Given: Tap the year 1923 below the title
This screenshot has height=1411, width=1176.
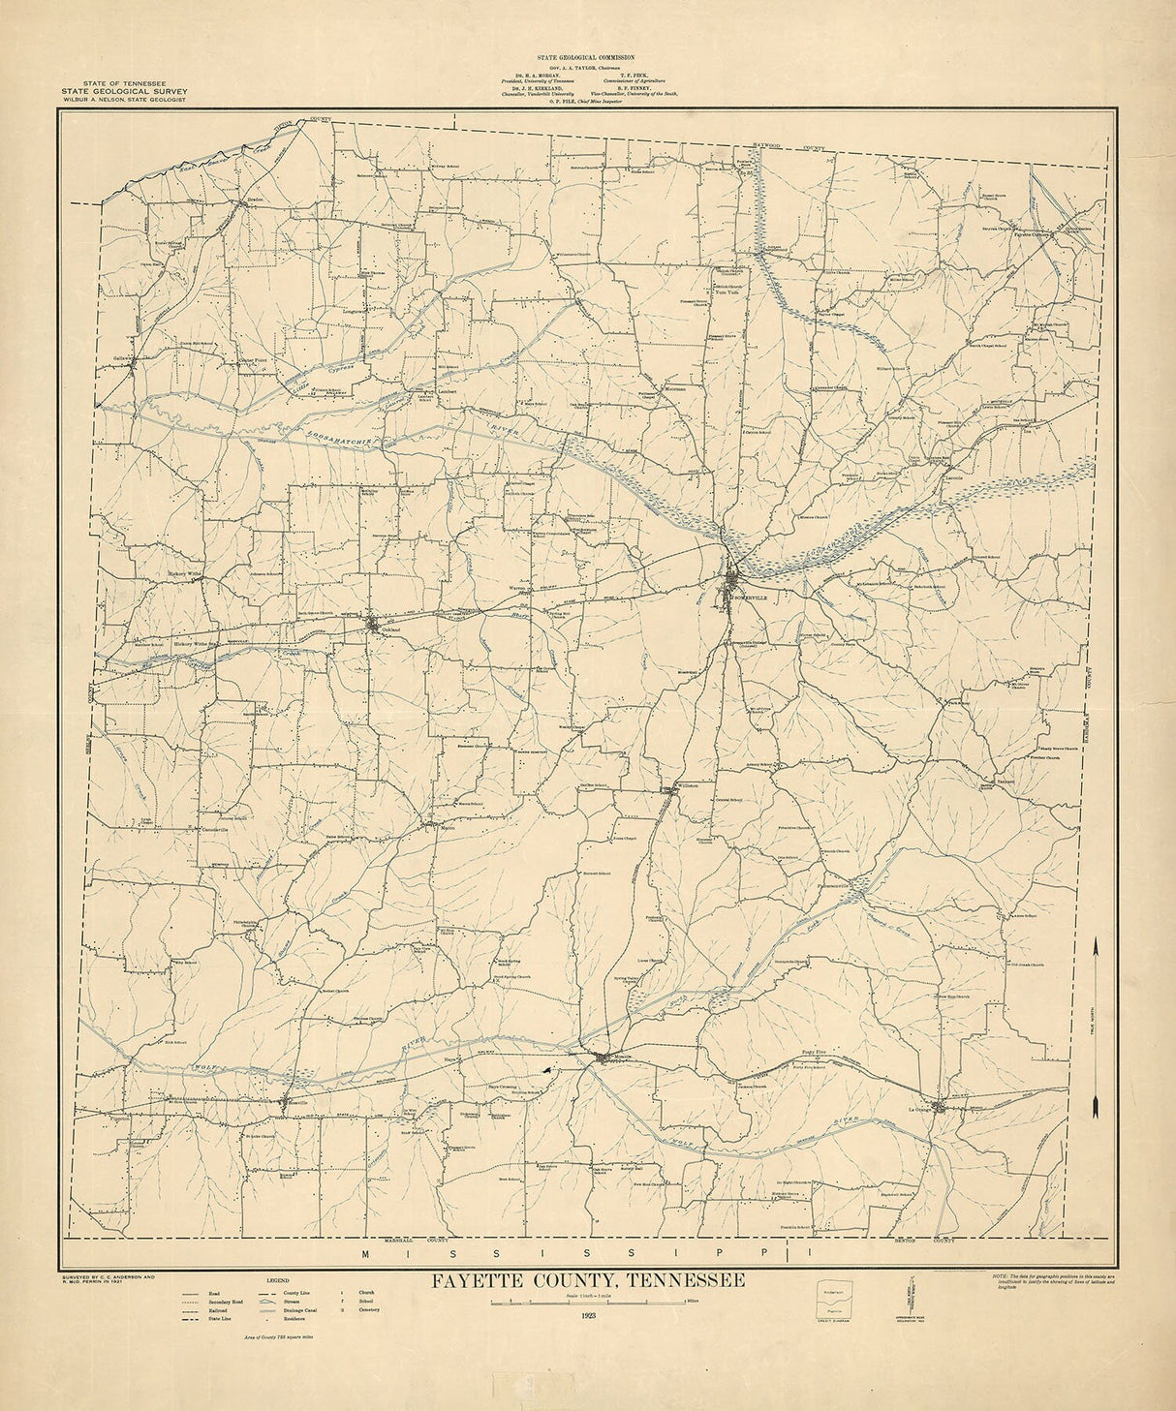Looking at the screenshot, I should coord(589,1315).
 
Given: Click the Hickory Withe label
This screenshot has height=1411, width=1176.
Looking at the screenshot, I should coord(183,573).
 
